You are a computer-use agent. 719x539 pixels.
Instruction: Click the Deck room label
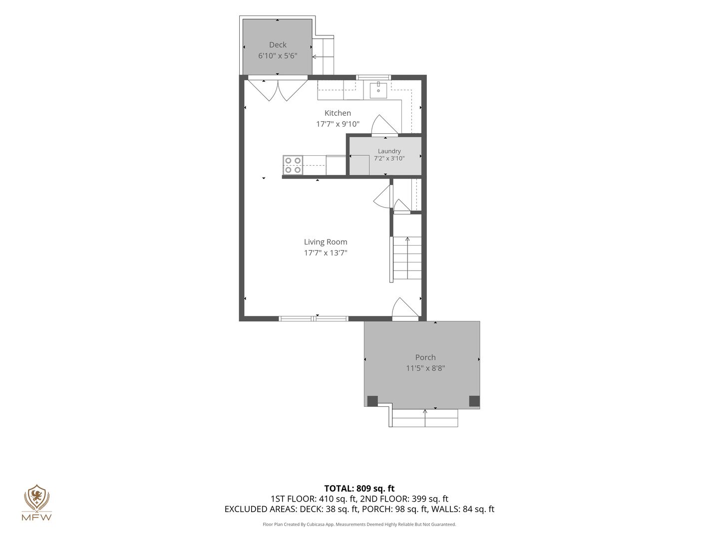pyautogui.click(x=278, y=45)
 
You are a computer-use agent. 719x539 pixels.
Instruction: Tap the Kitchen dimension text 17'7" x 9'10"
pyautogui.click(x=338, y=124)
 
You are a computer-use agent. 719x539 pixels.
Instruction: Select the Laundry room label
pyautogui.click(x=389, y=151)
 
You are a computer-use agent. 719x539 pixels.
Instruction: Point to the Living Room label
pyautogui.click(x=325, y=242)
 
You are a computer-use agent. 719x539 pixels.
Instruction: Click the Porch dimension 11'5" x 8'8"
pyautogui.click(x=425, y=368)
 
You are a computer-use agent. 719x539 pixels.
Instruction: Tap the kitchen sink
pyautogui.click(x=378, y=90)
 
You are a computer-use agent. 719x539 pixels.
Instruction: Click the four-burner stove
pyautogui.click(x=293, y=165)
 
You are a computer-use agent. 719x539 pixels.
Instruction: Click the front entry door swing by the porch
pyautogui.click(x=405, y=307)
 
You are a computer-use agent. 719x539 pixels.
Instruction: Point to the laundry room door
pyautogui.click(x=384, y=125)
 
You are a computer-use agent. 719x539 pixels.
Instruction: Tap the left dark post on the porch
pyautogui.click(x=372, y=401)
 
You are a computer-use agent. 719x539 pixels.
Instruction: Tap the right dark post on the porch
pyautogui.click(x=474, y=401)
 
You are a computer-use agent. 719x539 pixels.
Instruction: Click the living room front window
pyautogui.click(x=314, y=318)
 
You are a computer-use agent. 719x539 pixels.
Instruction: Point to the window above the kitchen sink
pyautogui.click(x=373, y=77)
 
